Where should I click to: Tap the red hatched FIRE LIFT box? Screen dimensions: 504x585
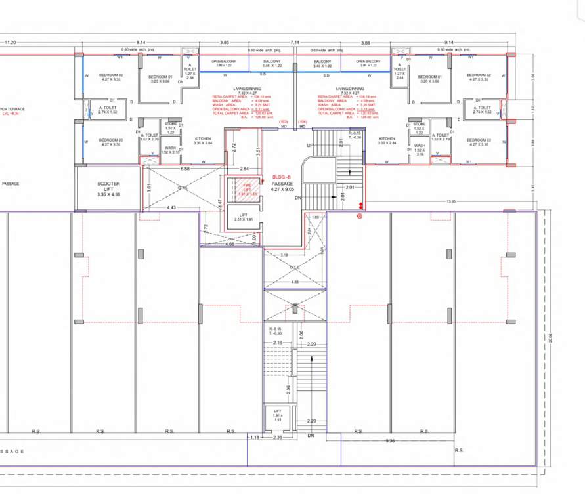(x=243, y=190)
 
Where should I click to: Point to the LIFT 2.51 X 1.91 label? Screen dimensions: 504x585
(x=244, y=218)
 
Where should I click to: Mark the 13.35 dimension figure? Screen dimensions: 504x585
(x=450, y=202)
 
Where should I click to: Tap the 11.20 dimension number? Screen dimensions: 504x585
(x=10, y=41)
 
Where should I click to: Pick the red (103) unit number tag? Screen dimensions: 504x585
(x=284, y=122)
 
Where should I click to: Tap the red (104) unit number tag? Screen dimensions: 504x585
(x=302, y=122)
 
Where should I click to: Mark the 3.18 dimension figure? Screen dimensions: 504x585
(x=284, y=254)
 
